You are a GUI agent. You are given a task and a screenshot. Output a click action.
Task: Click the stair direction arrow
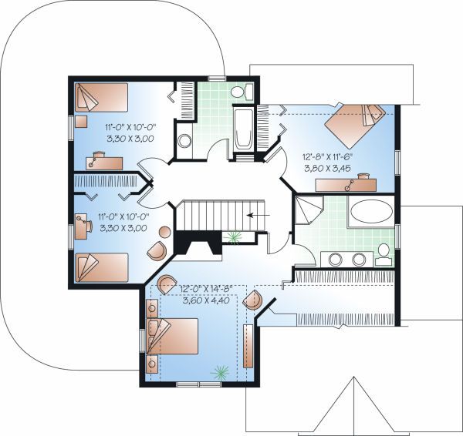click(258, 215)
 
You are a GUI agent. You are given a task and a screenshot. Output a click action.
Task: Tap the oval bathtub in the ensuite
click(372, 211)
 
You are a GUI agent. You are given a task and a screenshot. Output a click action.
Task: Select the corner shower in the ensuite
click(309, 210)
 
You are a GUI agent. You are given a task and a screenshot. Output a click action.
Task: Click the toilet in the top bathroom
click(242, 92)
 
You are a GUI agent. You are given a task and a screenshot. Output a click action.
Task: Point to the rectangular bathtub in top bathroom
click(243, 129)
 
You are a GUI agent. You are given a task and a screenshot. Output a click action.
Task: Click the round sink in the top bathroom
click(185, 141)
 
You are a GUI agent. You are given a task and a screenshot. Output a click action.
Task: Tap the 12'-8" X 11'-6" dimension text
click(327, 157)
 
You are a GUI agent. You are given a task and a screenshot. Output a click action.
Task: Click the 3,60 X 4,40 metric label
click(206, 300)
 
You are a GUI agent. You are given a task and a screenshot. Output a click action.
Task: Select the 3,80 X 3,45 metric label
click(327, 169)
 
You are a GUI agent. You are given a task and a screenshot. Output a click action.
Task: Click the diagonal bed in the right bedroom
click(355, 125)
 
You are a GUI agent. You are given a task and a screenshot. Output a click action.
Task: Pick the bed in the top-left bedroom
click(101, 97)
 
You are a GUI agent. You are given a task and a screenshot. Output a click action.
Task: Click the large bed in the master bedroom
click(172, 336)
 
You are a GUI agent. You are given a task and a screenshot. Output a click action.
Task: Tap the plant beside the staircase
click(234, 237)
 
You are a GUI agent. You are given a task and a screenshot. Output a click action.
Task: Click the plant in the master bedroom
click(220, 372)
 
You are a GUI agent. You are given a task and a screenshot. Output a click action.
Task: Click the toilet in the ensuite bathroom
click(384, 255)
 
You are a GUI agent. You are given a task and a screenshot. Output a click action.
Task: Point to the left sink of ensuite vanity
click(335, 260)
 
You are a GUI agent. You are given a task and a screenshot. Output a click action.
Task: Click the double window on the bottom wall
click(198, 384)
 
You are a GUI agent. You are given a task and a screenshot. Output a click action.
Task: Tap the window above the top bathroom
click(217, 79)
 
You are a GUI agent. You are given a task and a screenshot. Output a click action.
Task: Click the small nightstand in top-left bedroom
click(81, 122)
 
